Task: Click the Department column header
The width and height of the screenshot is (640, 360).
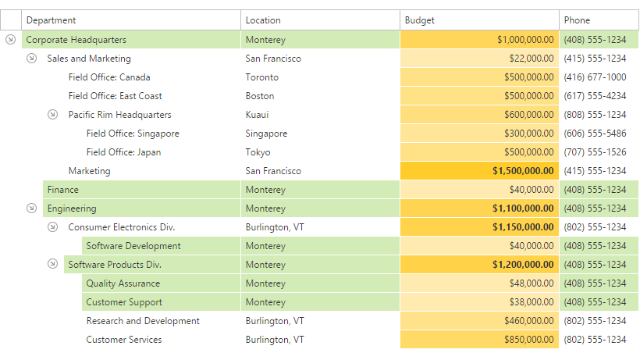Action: tap(52, 20)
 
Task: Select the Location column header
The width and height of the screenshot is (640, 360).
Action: tap(263, 20)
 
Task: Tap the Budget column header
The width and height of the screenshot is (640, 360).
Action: tap(420, 20)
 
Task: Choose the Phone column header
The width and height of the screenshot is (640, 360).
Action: tap(577, 20)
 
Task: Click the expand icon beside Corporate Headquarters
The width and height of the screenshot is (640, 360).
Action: tap(10, 40)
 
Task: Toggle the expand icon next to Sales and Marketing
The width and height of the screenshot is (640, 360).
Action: tap(31, 59)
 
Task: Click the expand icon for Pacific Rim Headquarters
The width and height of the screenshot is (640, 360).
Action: tap(52, 115)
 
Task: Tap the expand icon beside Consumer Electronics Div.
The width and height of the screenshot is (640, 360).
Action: tap(52, 227)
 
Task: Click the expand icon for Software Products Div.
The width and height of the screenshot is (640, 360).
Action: tap(52, 265)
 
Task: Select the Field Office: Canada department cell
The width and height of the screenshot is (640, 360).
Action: tap(109, 77)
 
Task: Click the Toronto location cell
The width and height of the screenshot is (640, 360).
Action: tap(262, 77)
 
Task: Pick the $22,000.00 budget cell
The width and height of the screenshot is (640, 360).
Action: tap(532, 59)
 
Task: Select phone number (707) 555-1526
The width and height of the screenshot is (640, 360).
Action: tap(595, 152)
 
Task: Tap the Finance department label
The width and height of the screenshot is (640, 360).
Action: tap(62, 190)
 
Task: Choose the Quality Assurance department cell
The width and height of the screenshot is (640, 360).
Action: tap(123, 283)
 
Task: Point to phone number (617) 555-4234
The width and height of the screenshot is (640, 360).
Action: tap(595, 96)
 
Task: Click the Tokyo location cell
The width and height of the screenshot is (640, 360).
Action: tap(258, 152)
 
